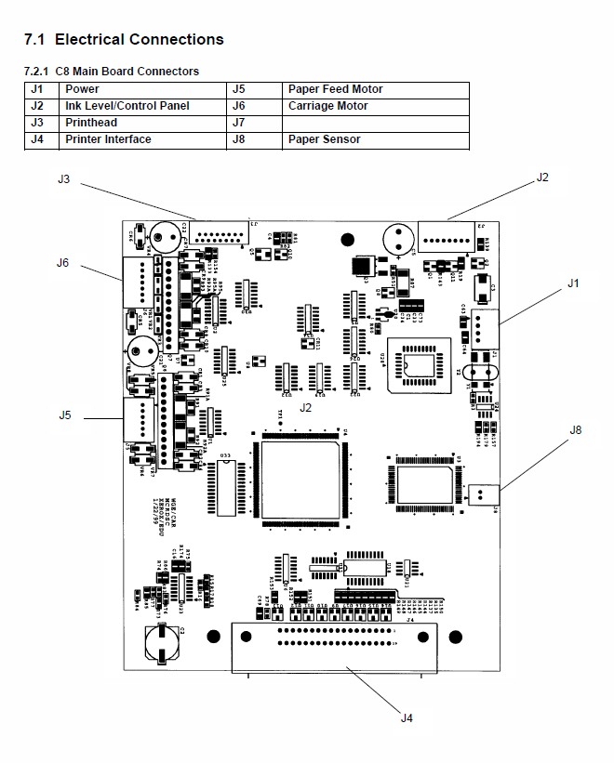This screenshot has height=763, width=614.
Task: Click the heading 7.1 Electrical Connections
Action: tap(123, 39)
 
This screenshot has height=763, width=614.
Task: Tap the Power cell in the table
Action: tap(82, 89)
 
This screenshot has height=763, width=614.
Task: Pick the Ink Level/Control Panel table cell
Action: tap(127, 106)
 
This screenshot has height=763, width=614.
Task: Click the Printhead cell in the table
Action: tap(90, 123)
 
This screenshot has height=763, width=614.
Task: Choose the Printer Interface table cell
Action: tap(108, 139)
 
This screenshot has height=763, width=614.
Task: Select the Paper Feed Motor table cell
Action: tap(335, 89)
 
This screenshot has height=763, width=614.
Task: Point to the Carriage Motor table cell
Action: tap(327, 106)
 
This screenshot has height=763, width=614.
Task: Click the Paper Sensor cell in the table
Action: tap(324, 139)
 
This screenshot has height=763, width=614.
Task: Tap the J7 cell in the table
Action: tap(238, 123)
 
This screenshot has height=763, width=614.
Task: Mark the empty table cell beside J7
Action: tap(375, 123)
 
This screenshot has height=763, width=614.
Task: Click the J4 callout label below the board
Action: tap(407, 717)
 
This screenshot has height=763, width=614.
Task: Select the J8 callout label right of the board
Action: tap(576, 429)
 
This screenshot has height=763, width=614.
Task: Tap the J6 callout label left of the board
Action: tap(62, 262)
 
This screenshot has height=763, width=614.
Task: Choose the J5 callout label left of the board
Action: tap(64, 414)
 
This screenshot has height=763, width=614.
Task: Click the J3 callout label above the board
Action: tap(64, 179)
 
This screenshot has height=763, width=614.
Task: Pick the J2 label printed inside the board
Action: tap(306, 407)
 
